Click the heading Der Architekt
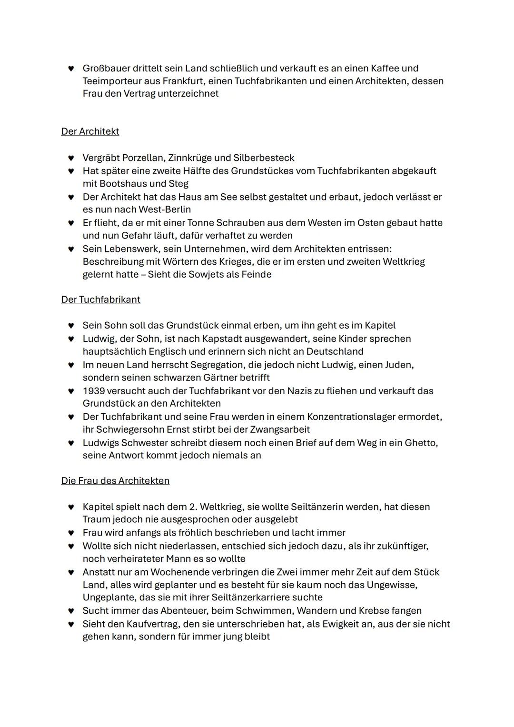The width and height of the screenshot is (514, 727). click(x=90, y=131)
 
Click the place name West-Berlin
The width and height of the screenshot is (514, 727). click(x=165, y=209)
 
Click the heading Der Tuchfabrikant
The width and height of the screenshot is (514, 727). click(x=100, y=299)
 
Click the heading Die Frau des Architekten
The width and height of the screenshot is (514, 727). click(x=115, y=481)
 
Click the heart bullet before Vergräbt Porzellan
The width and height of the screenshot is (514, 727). click(x=71, y=158)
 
